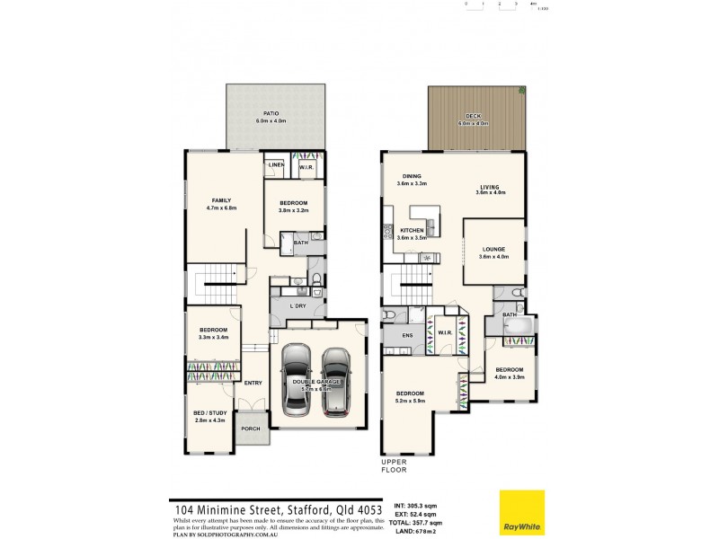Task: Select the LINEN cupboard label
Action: click(x=276, y=165)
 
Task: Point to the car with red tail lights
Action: click(x=335, y=382)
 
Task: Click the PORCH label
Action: click(x=251, y=429)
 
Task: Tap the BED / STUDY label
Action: click(x=211, y=413)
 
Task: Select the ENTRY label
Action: click(x=253, y=383)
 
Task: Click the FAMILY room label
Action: click(x=222, y=200)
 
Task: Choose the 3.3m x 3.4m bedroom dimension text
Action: click(x=214, y=339)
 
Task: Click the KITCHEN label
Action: click(x=411, y=231)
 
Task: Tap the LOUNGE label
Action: click(x=493, y=249)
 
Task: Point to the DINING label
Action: click(x=412, y=176)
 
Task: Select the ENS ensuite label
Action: click(x=395, y=339)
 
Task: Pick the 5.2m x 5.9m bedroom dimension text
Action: click(x=411, y=401)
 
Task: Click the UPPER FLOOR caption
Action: click(x=395, y=465)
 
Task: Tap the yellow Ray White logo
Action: click(x=522, y=512)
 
